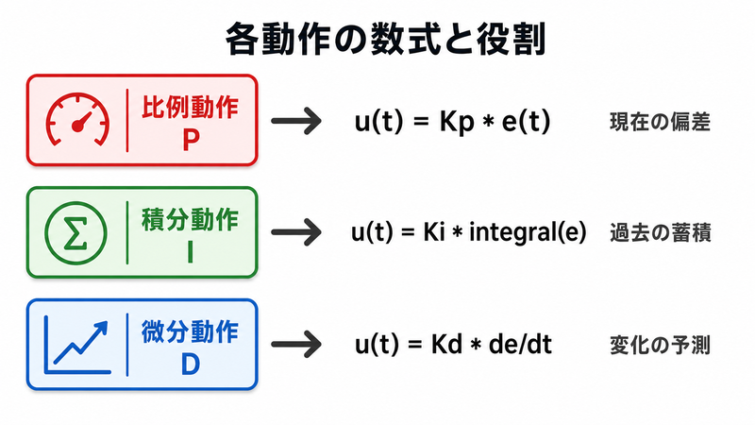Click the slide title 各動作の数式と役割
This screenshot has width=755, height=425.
(385, 39)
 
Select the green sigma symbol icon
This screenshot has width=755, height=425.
(75, 233)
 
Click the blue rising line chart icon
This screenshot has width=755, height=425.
(77, 345)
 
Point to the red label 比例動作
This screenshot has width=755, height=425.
(191, 107)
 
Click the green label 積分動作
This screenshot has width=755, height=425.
(191, 220)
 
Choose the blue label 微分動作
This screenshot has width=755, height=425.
(191, 332)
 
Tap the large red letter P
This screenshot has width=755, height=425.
(191, 140)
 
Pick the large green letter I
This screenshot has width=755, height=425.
(191, 252)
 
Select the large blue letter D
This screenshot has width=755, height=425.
(191, 365)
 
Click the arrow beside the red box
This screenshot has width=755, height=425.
(296, 121)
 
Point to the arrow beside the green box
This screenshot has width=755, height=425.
(296, 232)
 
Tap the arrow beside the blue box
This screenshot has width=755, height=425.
(296, 344)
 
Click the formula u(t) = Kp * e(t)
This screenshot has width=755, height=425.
(453, 122)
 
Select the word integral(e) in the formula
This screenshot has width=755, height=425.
(528, 232)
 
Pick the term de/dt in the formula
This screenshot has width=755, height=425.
(520, 345)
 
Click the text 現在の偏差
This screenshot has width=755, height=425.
(660, 122)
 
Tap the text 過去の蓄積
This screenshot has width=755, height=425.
(660, 233)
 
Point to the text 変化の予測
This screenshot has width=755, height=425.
(660, 346)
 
